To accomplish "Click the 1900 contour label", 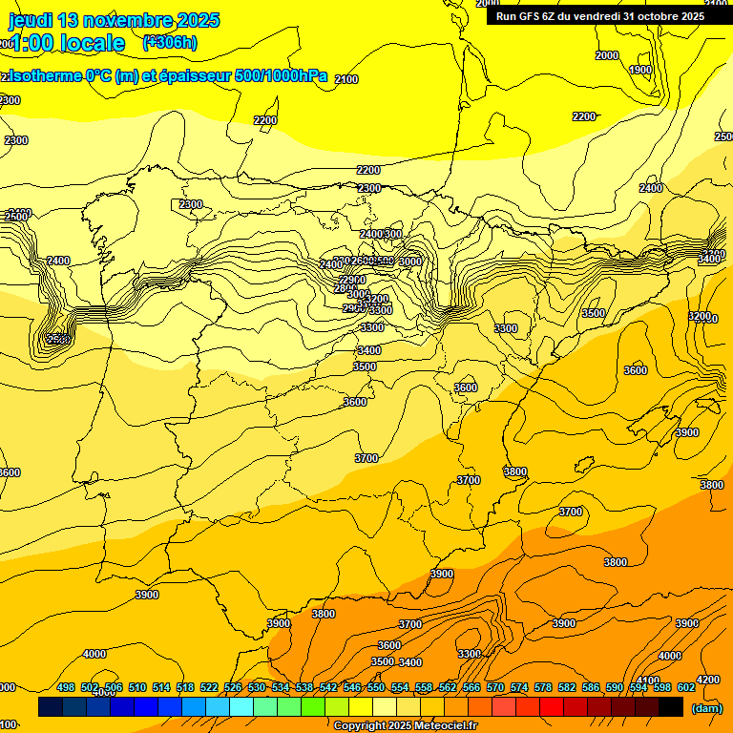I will pos(640,70).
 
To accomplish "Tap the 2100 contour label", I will pos(346,79).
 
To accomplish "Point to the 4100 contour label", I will pos(648,681).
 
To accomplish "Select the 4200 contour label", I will pos(707,680).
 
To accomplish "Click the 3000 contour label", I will pos(409,262).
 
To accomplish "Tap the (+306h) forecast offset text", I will pos(170,42).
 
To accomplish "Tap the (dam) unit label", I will pos(705,707).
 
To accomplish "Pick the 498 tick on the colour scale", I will pos(66,687).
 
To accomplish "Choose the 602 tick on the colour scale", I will pos(686,687).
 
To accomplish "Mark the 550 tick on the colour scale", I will pos(376,687).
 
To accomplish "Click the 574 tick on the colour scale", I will pos(519,687).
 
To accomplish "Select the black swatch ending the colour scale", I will pos(671,706).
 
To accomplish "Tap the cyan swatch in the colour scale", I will pos(241,706).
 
